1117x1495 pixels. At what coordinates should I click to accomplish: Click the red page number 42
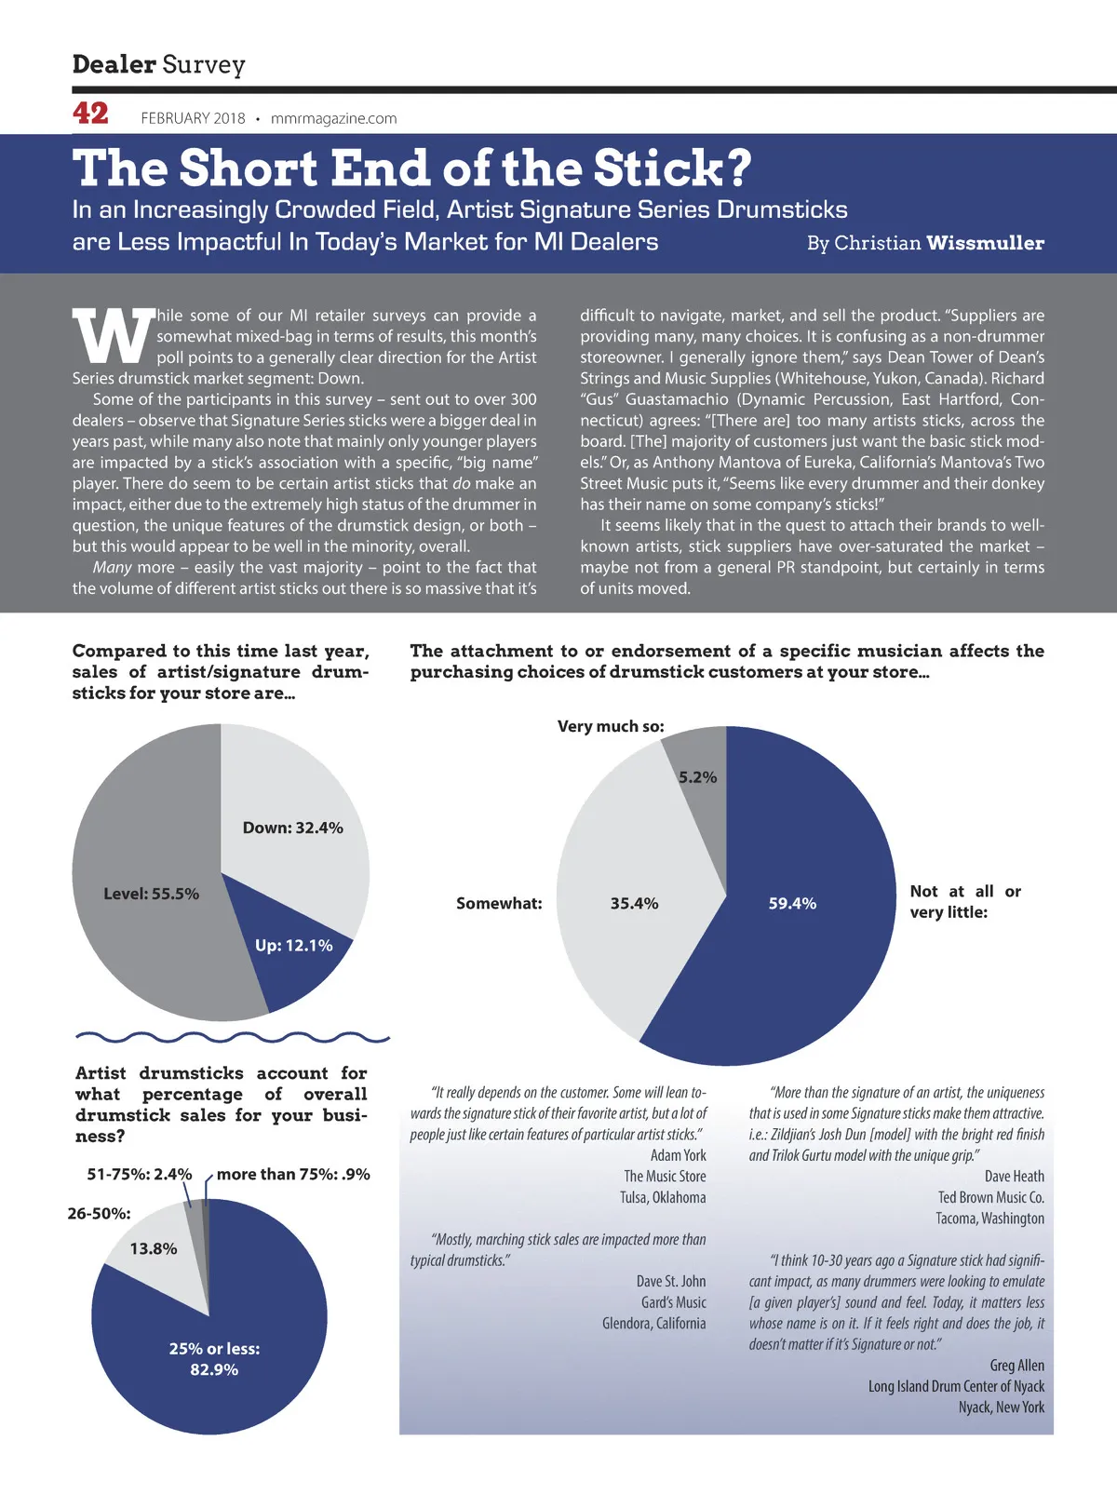90,114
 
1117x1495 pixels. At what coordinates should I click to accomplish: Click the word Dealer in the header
114,64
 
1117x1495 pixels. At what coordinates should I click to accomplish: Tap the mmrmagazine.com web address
333,118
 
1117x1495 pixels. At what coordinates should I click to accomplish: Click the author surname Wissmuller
985,243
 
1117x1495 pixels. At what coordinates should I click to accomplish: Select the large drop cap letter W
113,336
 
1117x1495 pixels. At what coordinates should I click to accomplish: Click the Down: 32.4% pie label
292,828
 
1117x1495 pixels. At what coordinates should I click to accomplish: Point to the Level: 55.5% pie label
151,894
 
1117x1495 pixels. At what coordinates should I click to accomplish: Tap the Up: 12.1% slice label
293,945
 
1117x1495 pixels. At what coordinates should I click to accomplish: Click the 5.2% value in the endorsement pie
697,777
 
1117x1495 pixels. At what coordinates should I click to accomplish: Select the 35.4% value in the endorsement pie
634,903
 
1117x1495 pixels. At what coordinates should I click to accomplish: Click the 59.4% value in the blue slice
792,903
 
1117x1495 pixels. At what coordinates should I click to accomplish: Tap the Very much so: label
611,726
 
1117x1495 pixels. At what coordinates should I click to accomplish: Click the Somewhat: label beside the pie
499,903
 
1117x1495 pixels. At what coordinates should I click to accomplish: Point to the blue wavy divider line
232,1037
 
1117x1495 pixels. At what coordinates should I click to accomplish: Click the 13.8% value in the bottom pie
154,1248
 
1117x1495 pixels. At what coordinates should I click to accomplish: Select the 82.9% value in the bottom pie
214,1369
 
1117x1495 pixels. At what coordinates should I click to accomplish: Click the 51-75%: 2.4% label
140,1174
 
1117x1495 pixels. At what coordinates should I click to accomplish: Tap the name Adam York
678,1155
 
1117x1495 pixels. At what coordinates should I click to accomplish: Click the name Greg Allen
1016,1365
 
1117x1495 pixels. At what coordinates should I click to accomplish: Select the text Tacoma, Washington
989,1218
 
